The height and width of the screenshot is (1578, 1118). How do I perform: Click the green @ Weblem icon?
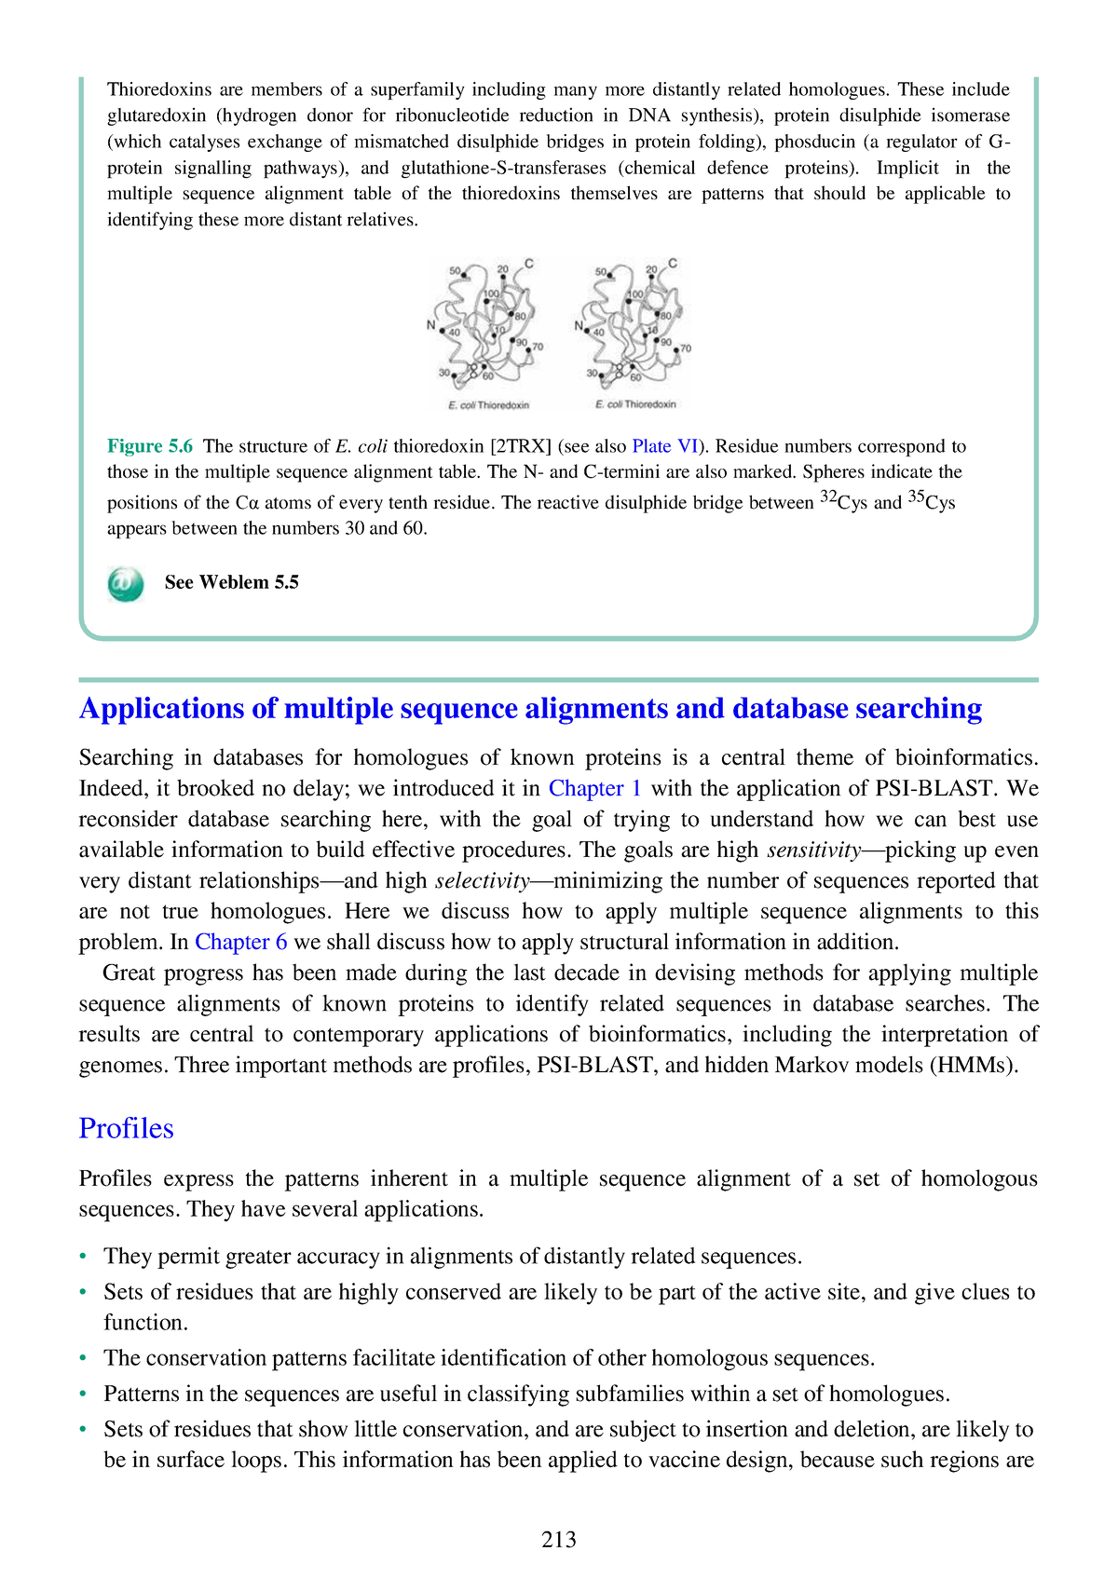coord(126,584)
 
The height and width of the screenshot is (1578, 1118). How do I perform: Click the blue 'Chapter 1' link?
coord(594,788)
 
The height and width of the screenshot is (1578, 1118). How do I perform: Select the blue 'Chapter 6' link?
coord(240,942)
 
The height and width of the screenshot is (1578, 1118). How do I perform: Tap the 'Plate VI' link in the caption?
coord(664,446)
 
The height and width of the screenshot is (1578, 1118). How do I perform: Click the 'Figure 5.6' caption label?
coord(150,446)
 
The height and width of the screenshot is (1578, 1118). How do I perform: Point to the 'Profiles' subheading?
coord(126,1128)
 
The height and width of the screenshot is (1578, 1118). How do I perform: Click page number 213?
coord(558,1539)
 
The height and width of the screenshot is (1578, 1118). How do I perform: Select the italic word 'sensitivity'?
coord(813,850)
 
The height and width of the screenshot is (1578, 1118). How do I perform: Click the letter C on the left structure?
coord(529,264)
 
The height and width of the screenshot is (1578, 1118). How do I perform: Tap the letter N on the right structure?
coord(579,326)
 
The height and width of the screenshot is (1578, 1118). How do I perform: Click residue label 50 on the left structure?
coord(456,271)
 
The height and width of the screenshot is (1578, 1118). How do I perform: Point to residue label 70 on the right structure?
coord(686,348)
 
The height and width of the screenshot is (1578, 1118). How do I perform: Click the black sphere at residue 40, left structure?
coord(443,331)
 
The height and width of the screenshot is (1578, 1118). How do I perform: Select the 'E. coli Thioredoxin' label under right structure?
coord(635,404)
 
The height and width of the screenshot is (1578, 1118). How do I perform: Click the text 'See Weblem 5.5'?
coord(231,582)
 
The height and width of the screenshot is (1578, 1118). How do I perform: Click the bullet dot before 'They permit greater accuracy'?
coord(84,1257)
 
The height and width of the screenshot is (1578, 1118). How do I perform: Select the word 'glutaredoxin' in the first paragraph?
coord(157,116)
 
